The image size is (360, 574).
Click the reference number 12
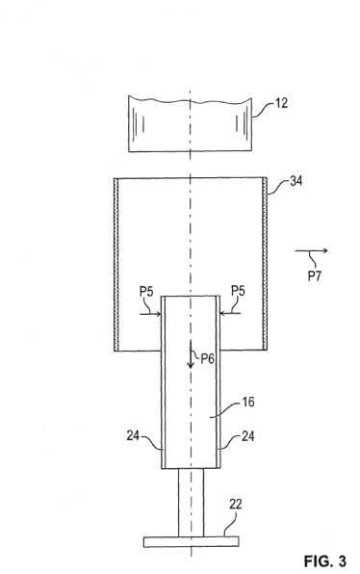click(281, 103)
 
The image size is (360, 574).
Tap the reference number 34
click(296, 181)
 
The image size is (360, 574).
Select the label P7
click(314, 275)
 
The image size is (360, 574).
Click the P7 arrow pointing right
click(311, 250)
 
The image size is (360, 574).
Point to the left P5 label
click(146, 292)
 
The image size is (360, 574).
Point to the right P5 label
click(238, 291)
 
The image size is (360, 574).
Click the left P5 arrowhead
click(159, 314)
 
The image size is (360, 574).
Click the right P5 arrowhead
click(222, 313)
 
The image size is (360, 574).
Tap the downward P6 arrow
click(191, 354)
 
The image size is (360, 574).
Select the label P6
click(207, 358)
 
